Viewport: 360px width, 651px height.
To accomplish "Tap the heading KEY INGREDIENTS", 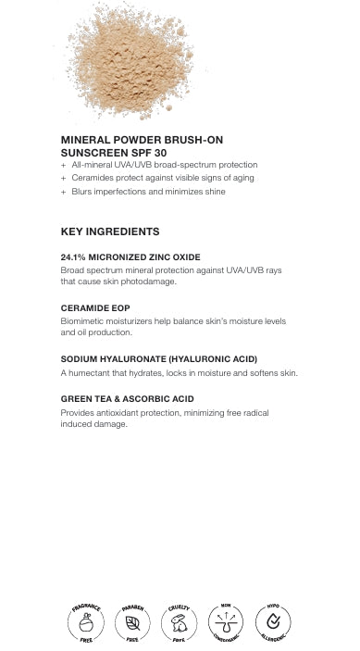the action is (110, 232).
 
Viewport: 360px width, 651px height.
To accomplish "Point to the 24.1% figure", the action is (73, 257).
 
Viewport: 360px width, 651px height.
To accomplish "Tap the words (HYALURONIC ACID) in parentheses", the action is (211, 358).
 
